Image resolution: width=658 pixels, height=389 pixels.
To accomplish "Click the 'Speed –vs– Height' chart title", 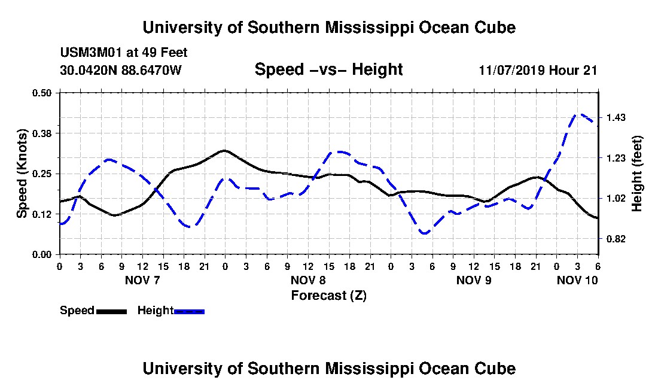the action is click(328, 69).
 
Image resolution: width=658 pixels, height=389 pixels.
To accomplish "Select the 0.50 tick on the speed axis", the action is click(41, 93).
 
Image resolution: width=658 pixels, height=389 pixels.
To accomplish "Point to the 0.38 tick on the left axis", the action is click(41, 133).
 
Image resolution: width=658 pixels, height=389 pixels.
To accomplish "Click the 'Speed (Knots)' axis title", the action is click(22, 174).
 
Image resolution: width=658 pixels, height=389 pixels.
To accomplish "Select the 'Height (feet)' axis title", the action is click(636, 174).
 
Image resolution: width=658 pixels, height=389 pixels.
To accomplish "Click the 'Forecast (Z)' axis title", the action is click(328, 296).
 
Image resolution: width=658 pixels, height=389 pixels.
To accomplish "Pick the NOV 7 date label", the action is click(142, 280).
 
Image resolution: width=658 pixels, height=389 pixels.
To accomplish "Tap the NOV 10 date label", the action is click(577, 280).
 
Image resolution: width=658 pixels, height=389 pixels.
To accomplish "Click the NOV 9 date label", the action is click(474, 280).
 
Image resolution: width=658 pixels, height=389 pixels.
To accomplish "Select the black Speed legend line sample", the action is click(111, 311).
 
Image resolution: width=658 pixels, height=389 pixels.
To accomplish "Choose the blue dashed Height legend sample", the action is click(189, 311).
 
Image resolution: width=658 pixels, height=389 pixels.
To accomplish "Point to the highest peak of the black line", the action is click(224, 150).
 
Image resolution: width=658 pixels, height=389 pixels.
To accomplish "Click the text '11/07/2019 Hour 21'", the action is click(538, 70).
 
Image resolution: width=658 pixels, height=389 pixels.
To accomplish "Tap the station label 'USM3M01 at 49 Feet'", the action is click(124, 53).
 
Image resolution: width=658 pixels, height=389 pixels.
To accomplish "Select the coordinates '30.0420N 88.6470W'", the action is click(121, 70).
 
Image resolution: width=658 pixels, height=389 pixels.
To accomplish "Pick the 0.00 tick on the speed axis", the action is click(41, 255).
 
